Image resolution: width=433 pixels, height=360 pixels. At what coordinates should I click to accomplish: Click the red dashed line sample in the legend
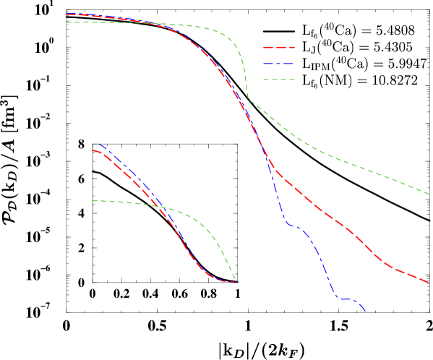pyautogui.click(x=279, y=48)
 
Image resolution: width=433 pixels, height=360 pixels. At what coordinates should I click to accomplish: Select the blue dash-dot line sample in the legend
pyautogui.click(x=279, y=64)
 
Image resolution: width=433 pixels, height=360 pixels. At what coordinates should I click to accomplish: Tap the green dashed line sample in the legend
pyautogui.click(x=279, y=80)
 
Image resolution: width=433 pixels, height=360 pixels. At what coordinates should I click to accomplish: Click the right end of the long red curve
pyautogui.click(x=429, y=282)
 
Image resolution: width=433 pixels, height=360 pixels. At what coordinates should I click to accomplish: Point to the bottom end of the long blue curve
pyautogui.click(x=365, y=312)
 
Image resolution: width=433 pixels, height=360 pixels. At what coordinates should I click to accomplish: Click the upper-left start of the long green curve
pyautogui.click(x=67, y=22)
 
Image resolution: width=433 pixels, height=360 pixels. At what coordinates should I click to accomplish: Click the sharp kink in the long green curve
pyautogui.click(x=248, y=98)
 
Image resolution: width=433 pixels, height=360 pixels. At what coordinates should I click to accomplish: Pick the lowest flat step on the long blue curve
pyautogui.click(x=346, y=299)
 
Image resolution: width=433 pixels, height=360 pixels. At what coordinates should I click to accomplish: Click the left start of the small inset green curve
pyautogui.click(x=93, y=200)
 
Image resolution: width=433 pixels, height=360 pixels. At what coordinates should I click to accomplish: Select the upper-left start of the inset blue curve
pyautogui.click(x=98, y=144)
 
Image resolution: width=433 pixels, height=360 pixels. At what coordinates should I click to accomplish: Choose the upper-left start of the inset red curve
pyautogui.click(x=93, y=150)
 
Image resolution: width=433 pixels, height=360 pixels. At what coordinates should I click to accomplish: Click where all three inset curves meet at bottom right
pyautogui.click(x=237, y=282)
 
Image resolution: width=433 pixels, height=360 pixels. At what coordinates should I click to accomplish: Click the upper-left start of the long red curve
pyautogui.click(x=67, y=14)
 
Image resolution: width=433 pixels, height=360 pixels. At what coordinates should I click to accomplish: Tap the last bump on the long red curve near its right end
pyautogui.click(x=394, y=268)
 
